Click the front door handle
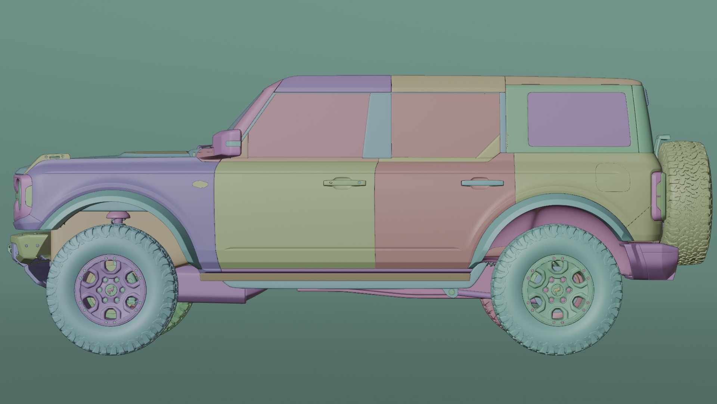[344, 183]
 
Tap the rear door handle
[482, 183]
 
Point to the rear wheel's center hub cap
[556, 290]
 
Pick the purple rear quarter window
[578, 119]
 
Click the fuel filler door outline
[612, 177]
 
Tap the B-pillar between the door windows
[378, 125]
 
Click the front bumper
[30, 245]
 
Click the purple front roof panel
[336, 83]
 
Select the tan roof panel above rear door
[448, 83]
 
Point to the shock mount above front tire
[117, 215]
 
